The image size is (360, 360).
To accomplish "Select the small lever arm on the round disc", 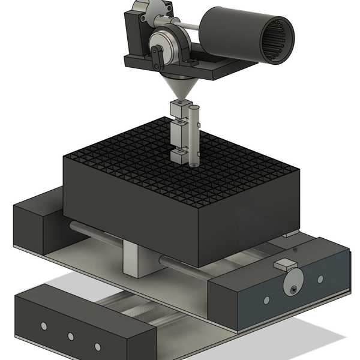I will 157,58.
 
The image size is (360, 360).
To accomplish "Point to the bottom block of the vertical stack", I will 179,155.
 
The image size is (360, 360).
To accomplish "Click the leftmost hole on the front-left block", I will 44,326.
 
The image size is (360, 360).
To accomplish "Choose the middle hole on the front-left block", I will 70,336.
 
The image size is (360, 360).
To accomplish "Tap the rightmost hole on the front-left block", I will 97,346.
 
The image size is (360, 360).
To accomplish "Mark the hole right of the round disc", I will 320,279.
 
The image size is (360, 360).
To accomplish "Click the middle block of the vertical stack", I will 179,131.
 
